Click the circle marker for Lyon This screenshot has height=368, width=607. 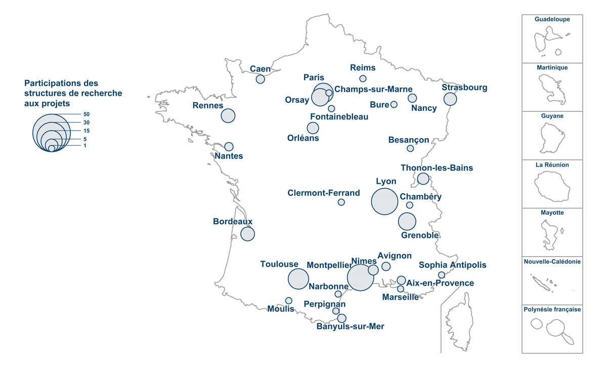tap(384, 201)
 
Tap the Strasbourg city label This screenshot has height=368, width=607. tap(464, 88)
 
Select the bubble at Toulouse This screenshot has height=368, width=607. tap(298, 279)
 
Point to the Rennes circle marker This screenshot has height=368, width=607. tap(228, 115)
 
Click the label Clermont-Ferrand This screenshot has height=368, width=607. tap(324, 193)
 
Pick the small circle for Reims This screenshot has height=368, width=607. tap(363, 78)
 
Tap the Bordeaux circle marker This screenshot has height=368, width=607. tap(247, 234)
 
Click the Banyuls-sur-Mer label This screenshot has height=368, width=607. tap(350, 326)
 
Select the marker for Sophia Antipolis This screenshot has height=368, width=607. tap(441, 275)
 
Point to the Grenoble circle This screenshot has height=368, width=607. tap(407, 222)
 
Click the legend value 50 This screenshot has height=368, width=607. tap(86, 114)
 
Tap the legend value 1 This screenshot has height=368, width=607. tap(85, 146)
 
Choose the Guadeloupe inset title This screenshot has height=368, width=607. tap(552, 19)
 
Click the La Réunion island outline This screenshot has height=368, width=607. tap(552, 186)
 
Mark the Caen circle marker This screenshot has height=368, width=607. tap(260, 79)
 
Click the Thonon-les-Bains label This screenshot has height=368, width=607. tap(437, 168)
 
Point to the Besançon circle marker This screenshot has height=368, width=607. tap(410, 148)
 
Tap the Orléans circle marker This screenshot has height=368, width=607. tap(313, 128)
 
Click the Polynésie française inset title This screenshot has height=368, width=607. tap(552, 309)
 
